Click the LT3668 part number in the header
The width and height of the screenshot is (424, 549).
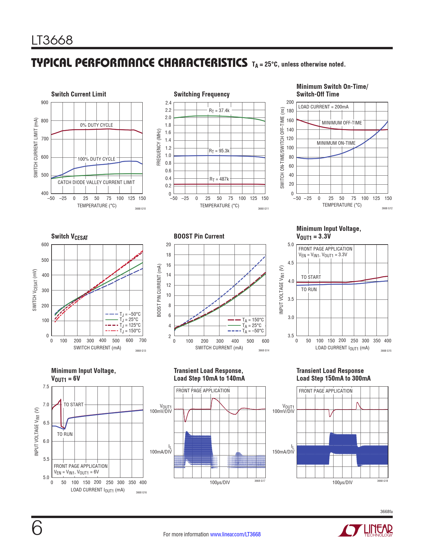tap(52, 40)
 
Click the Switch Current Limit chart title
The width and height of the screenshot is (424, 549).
tap(78, 94)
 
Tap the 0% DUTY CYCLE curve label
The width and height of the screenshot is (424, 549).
tap(96, 125)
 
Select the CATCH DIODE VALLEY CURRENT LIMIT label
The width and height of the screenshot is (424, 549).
tap(96, 182)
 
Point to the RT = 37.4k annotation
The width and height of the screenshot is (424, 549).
tap(219, 110)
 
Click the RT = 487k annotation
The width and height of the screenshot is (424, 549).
tap(219, 179)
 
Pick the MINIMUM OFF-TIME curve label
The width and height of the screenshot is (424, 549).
tap(342, 123)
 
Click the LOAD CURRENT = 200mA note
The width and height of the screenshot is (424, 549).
tap(323, 107)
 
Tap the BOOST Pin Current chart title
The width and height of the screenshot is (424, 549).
tap(199, 236)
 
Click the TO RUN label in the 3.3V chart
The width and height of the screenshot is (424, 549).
tap(309, 289)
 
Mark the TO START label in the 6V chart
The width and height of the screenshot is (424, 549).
tap(73, 405)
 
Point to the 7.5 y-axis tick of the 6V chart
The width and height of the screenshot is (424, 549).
tap(46, 387)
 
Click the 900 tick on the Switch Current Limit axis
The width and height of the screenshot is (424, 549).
tap(45, 102)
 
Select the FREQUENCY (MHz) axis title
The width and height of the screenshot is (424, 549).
tap(159, 148)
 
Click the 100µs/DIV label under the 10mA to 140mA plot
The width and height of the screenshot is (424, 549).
tap(220, 482)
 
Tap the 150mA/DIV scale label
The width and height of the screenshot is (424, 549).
tap(283, 452)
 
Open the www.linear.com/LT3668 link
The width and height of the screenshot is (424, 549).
tap(235, 534)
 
